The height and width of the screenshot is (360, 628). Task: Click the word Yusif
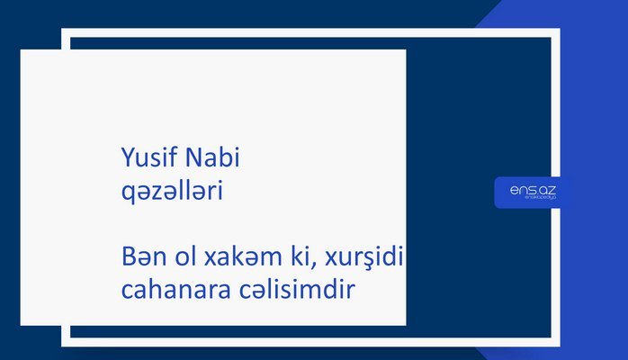[x=148, y=159]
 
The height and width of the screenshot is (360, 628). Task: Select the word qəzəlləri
[x=172, y=192]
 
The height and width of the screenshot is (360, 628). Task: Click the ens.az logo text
[x=532, y=190]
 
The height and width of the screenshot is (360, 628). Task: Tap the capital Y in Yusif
[x=127, y=159]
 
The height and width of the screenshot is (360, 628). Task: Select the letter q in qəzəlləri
[x=127, y=194]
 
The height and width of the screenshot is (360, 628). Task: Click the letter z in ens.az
[x=552, y=190]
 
